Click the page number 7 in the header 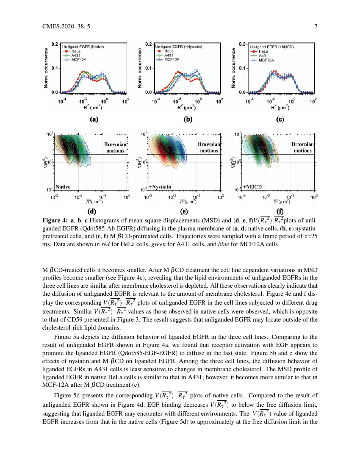coord(316,27)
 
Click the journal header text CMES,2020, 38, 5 coord(66,27)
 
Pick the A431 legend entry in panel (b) coord(169,56)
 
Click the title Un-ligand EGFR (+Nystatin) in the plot coord(178,46)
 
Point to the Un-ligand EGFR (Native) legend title coord(85,46)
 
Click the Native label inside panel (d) coord(62,186)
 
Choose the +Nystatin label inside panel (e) coord(160,186)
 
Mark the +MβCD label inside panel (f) coord(253,186)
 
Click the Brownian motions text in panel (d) coord(114,147)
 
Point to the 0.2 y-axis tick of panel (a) coord(55,44)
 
